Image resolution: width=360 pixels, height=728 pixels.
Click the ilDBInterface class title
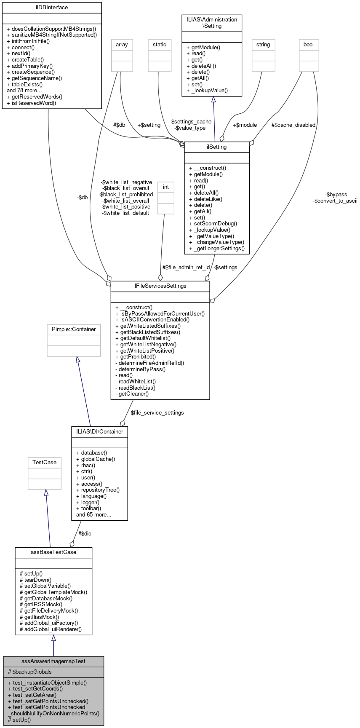pos(52,8)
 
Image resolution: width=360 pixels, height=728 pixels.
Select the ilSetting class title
pos(217,147)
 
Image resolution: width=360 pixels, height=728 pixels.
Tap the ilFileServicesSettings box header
pos(160,286)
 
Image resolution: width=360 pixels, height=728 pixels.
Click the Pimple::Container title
pos(74,329)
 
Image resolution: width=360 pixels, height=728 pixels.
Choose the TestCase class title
pos(44,462)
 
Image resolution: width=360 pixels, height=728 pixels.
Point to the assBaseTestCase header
pos(53,552)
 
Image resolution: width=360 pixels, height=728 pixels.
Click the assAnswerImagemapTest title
pos(53,661)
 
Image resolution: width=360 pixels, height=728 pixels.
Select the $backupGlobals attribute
pos(29,672)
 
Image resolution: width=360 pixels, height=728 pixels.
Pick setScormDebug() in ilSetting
pos(213,223)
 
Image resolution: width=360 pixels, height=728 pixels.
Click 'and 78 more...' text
pos(24,90)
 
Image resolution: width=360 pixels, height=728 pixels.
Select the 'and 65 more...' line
pos(93,514)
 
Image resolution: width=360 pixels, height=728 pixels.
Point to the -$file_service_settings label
pos(156,412)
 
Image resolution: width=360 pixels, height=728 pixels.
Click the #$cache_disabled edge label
pos(293,125)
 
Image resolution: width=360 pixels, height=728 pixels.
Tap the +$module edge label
pos(245,125)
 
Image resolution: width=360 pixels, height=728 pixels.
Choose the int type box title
pos(166,187)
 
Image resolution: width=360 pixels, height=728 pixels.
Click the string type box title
pos(263,44)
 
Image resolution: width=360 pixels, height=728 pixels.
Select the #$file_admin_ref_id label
pos(186,267)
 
